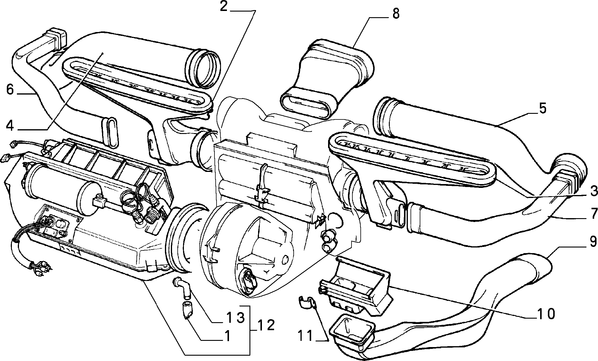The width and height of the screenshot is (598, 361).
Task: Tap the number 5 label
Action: point(542,109)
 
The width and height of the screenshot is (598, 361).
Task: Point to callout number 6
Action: point(10,89)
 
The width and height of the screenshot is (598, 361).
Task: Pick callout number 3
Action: point(593,191)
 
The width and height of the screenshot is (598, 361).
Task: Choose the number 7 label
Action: point(593,213)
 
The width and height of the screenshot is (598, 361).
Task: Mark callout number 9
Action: point(593,242)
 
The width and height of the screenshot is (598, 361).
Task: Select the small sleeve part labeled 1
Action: point(187,310)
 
